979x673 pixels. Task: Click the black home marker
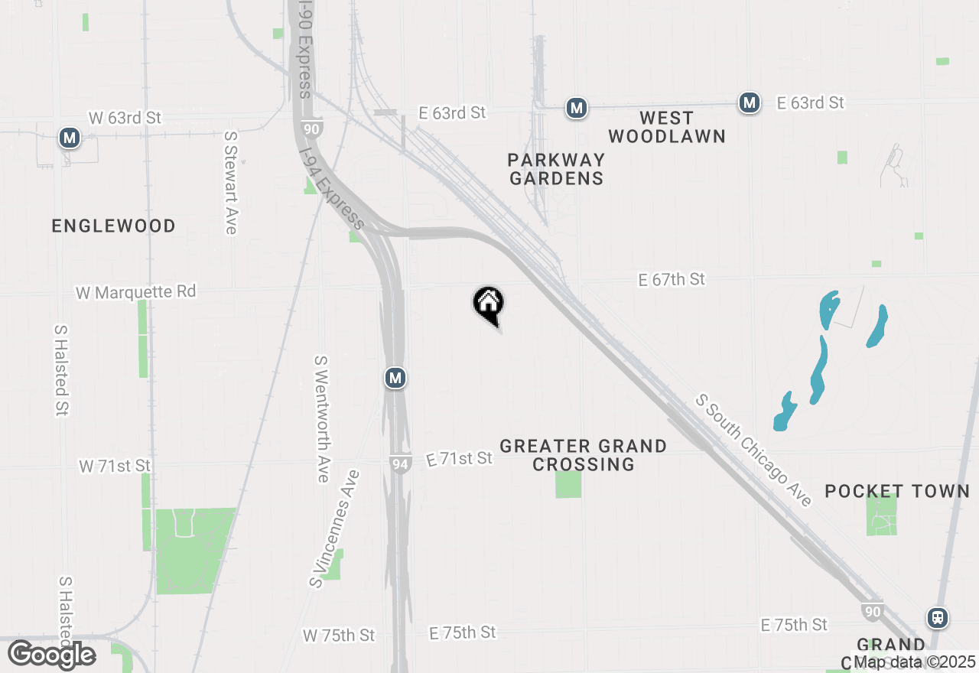click(x=488, y=304)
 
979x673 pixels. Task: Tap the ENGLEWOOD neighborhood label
click(x=113, y=226)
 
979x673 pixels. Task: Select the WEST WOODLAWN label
click(x=667, y=127)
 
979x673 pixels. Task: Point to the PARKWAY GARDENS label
click(x=556, y=169)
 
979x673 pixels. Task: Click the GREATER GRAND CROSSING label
click(x=583, y=455)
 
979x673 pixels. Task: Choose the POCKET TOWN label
click(x=897, y=491)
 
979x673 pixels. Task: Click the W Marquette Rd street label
click(x=135, y=291)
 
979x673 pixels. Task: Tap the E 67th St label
click(x=672, y=280)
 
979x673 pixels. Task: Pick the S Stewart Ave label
click(x=230, y=182)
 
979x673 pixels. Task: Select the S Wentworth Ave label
click(x=322, y=418)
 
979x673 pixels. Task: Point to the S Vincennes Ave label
click(x=335, y=529)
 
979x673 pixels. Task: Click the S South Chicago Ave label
click(x=753, y=450)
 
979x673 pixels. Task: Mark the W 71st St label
click(x=115, y=466)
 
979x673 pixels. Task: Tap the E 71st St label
click(x=459, y=459)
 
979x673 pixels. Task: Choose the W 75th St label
click(x=339, y=636)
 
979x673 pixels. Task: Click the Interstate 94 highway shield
click(x=399, y=463)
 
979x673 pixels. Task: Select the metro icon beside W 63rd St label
click(x=70, y=138)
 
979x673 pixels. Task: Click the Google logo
click(x=52, y=655)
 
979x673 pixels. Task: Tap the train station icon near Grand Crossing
click(x=937, y=617)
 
